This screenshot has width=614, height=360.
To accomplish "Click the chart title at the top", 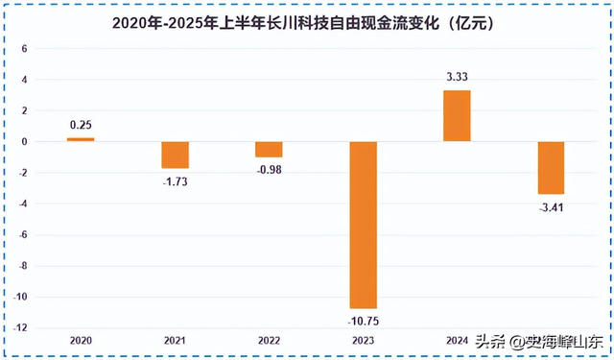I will tap(307, 20).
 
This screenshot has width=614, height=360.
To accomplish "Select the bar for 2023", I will tap(363, 225).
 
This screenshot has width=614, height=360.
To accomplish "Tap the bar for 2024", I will tap(456, 116).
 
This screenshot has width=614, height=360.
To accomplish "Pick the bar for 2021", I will tap(175, 155).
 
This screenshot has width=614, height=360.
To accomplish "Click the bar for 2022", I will tap(269, 149).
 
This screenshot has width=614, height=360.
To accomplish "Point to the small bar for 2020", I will tap(81, 139).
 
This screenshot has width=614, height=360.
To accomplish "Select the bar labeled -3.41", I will tap(550, 168).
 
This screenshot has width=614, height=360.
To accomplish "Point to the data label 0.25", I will tap(81, 125).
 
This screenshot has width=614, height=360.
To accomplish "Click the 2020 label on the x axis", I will tap(81, 341).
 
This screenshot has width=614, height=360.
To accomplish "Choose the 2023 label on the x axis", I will tap(363, 341).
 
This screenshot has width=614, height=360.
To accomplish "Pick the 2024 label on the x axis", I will tap(456, 341).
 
